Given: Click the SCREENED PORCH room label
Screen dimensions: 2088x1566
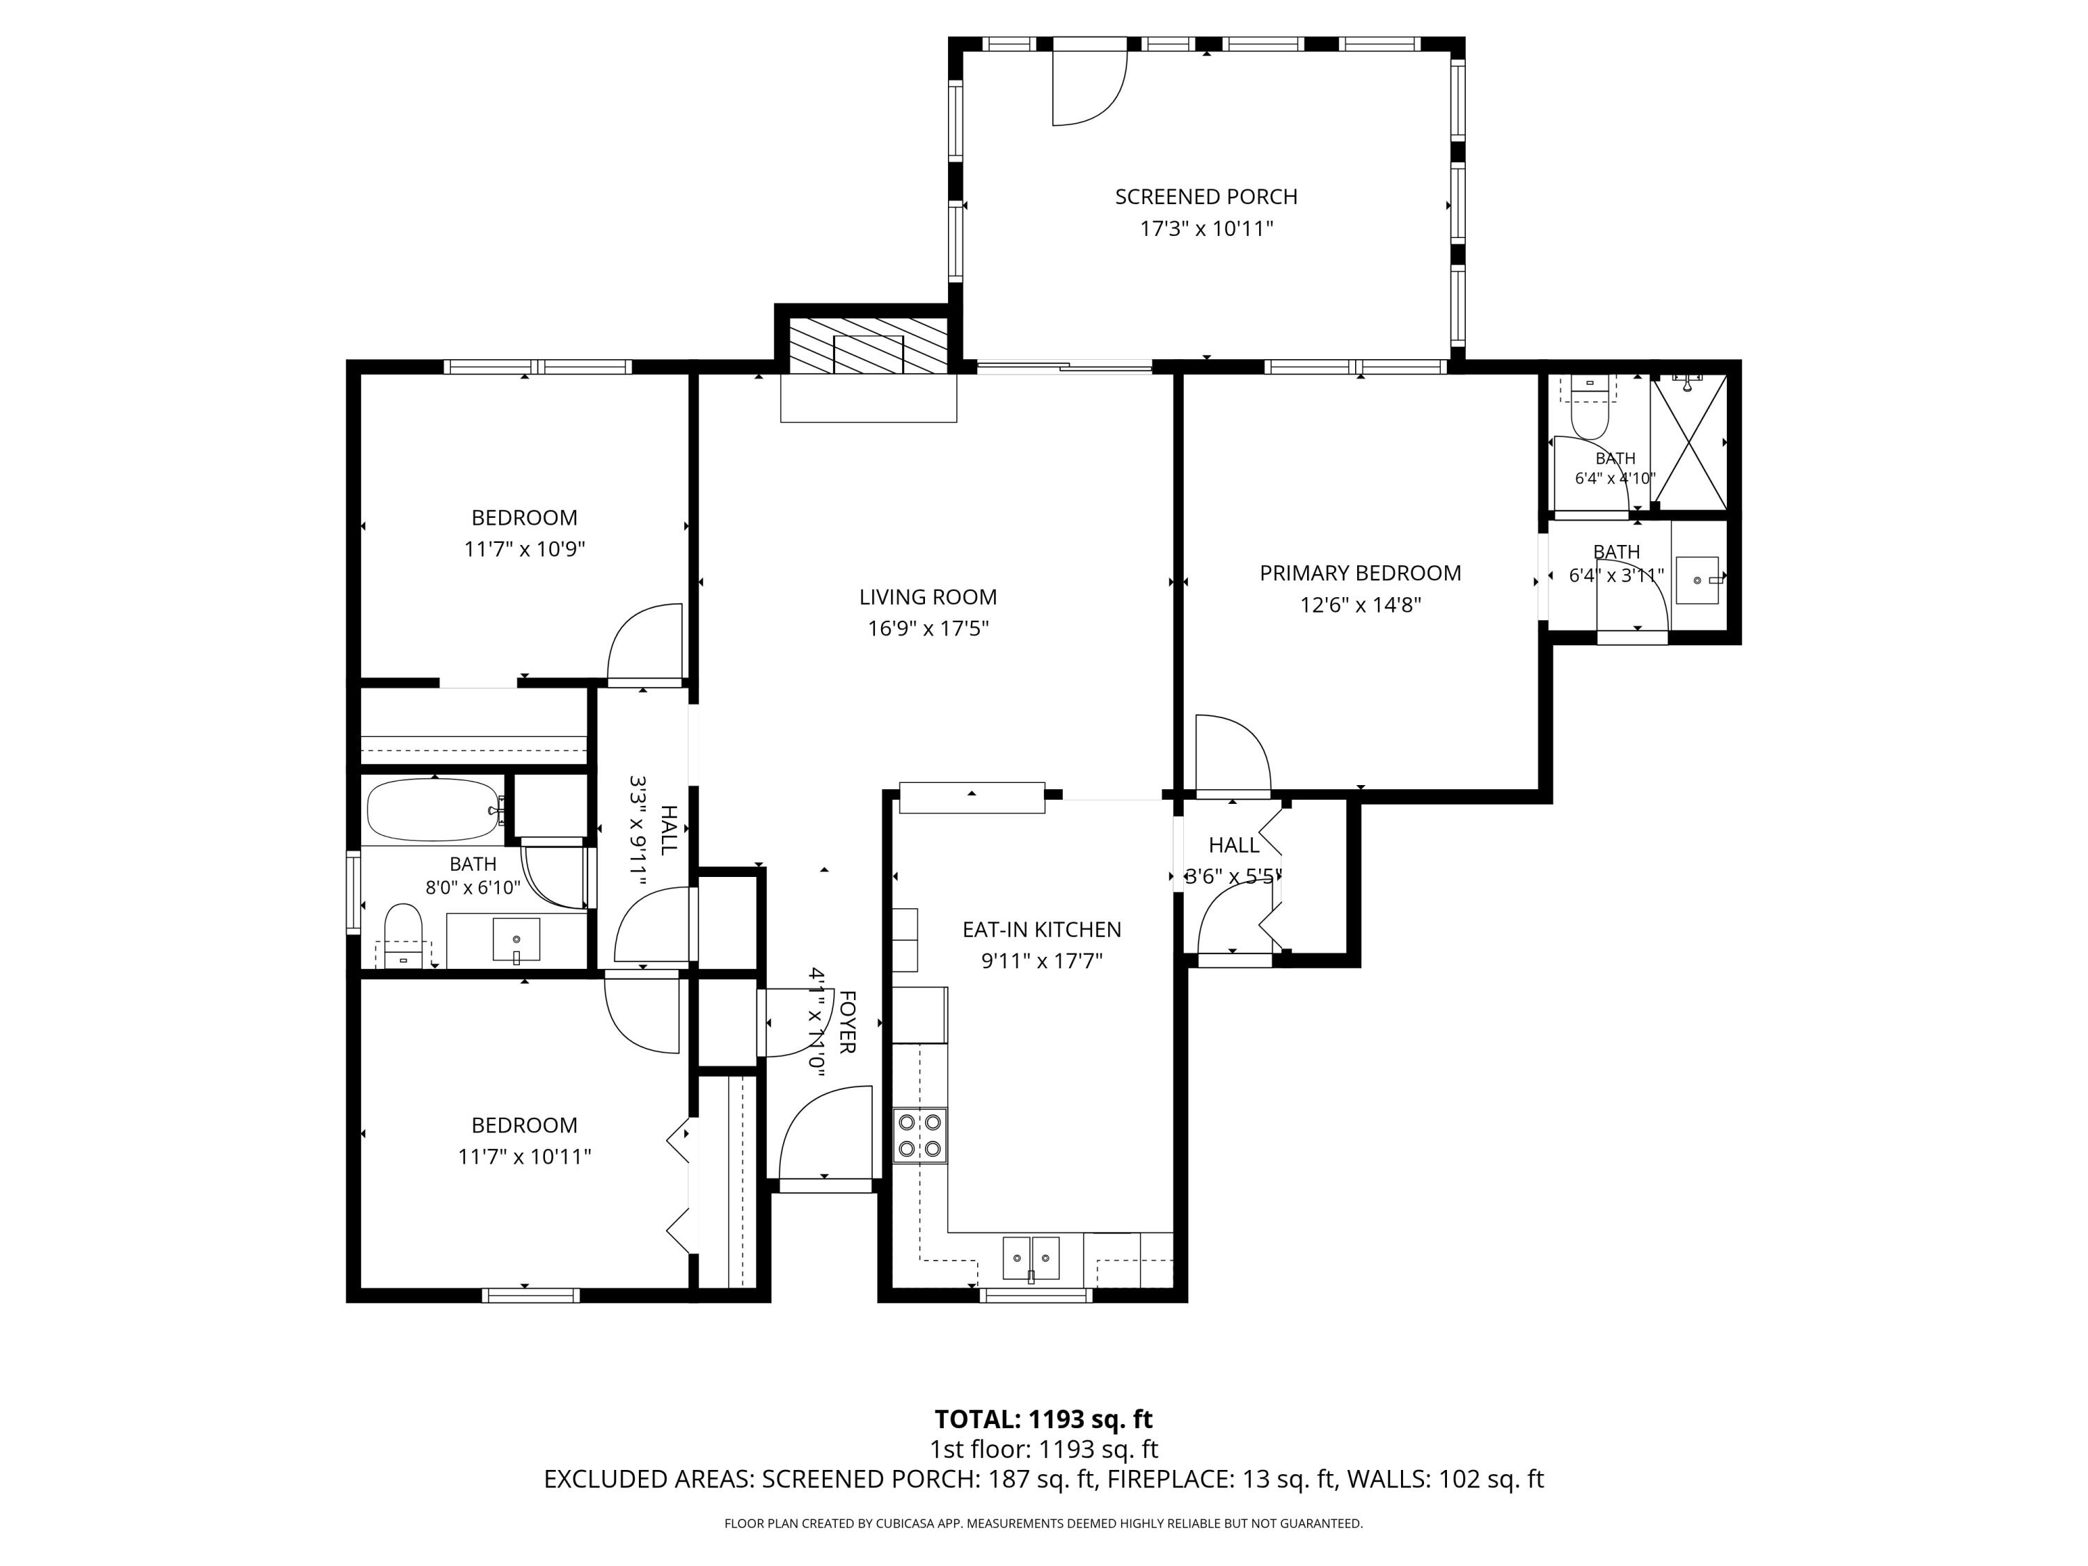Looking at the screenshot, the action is (1206, 196).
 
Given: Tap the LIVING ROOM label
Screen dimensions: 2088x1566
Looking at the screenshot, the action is (928, 596).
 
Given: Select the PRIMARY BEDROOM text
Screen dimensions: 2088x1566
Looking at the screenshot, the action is (1360, 573).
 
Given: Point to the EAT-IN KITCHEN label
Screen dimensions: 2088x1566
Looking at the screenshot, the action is (1042, 929).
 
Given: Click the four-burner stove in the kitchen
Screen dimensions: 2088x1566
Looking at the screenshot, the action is (920, 1136).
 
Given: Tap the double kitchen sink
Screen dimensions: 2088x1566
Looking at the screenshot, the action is (1031, 1258).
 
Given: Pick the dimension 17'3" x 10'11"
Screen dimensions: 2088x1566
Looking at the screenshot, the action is (1206, 228).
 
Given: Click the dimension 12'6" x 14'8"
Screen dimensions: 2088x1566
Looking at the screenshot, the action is (1360, 605).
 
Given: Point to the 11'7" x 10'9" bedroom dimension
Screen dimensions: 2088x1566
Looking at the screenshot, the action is (524, 549).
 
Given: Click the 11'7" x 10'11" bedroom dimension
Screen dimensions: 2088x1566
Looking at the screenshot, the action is (524, 1156).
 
